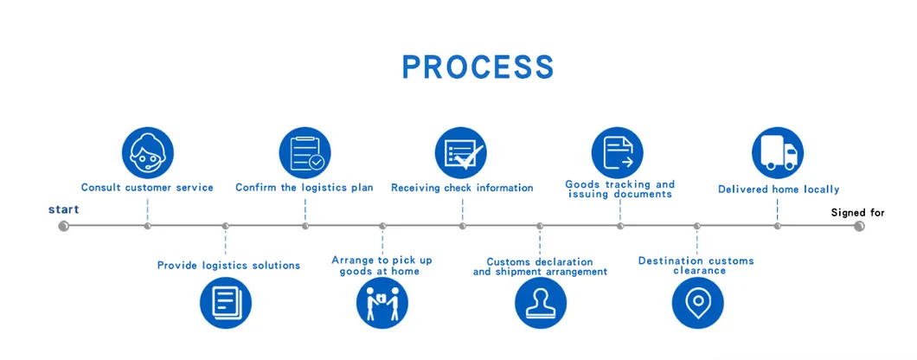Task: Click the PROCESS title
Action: coord(478,67)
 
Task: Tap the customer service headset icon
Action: coord(147,153)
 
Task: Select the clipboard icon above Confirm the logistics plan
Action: coord(305,153)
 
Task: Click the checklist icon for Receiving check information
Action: coord(461,153)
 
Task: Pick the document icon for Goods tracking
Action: coord(618,153)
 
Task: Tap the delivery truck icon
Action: coord(778,153)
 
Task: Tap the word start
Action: coord(63,209)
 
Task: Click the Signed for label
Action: coord(857,212)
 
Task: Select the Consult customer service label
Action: coord(147,188)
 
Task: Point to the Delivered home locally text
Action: coord(779,190)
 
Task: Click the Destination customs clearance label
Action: coord(696,266)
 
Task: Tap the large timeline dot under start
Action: coord(63,227)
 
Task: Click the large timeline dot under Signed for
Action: coord(859,227)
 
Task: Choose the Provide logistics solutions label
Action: coord(228,266)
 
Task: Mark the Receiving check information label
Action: coord(462,188)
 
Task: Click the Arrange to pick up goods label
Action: coord(382,266)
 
